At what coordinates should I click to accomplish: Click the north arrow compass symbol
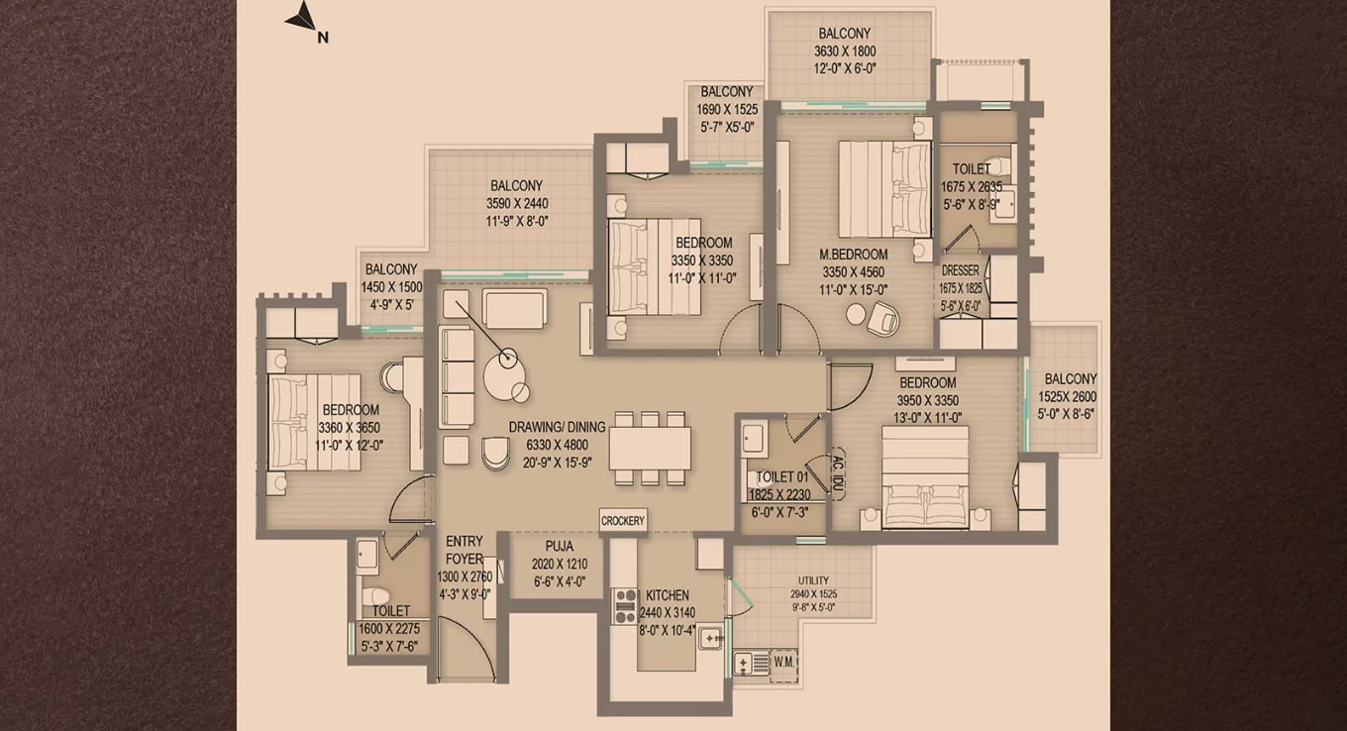point(302,18)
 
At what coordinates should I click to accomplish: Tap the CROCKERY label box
point(623,521)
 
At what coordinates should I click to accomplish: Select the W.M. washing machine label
point(784,661)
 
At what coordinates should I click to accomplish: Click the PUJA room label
point(559,546)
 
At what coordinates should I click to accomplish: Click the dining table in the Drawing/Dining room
point(650,448)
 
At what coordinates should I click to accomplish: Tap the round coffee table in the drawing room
point(506,377)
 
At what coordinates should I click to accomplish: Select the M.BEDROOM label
point(853,255)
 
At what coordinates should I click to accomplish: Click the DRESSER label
point(960,269)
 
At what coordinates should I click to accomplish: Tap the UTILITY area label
point(813,580)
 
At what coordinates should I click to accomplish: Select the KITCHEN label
point(668,595)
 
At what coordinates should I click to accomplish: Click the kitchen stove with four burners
point(625,605)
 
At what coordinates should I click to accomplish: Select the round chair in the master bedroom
point(881,318)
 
